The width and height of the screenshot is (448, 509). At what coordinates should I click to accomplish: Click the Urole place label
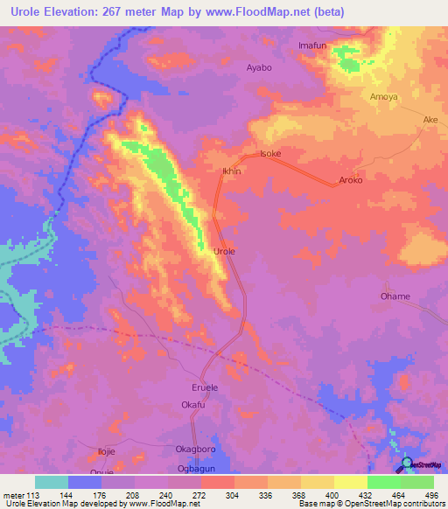click(225, 251)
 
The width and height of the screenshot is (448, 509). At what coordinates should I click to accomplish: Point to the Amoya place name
click(384, 96)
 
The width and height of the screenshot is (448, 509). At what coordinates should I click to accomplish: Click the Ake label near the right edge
click(430, 121)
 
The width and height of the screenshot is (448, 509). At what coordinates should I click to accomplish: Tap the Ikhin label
click(232, 171)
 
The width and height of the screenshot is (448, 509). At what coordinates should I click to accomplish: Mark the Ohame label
click(395, 296)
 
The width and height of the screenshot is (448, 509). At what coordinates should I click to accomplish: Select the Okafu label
click(192, 405)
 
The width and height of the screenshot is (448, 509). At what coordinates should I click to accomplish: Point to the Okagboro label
click(195, 449)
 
